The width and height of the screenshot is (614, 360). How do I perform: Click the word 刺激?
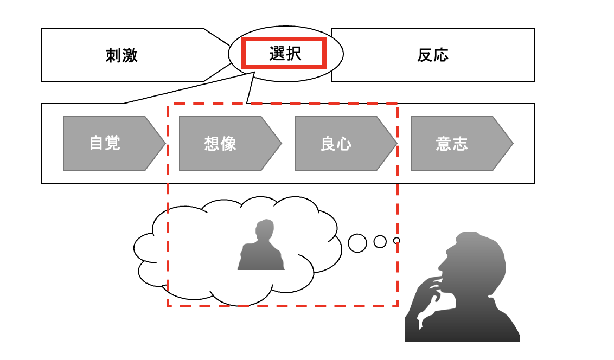[x=121, y=55]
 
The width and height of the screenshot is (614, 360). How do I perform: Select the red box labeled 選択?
[x=284, y=53]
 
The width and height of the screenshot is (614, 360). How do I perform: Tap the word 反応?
[x=433, y=55]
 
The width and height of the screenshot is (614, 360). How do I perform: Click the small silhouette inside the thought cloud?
[x=261, y=247]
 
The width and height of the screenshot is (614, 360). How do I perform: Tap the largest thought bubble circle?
[x=357, y=243]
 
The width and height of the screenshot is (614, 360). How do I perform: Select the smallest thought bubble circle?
[x=396, y=240]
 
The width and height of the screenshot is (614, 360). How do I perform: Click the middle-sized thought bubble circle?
[x=380, y=241]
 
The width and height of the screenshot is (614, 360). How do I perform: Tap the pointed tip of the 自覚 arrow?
[x=164, y=143]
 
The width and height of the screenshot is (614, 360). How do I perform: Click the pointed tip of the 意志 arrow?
[x=512, y=143]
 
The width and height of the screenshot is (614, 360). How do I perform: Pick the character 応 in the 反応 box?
[x=441, y=55]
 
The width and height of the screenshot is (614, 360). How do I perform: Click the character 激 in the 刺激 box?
[x=130, y=55]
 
